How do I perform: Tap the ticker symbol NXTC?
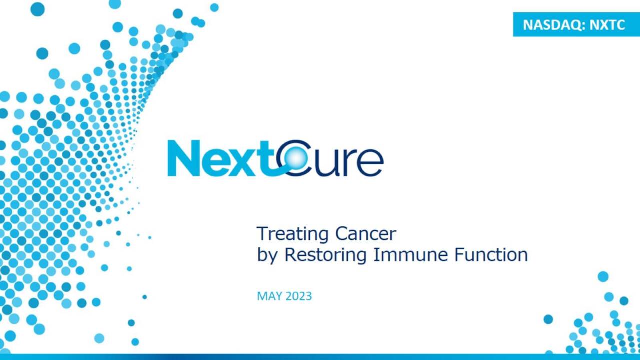point(607,25)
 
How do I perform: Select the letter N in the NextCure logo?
point(182,158)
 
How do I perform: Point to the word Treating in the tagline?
point(292,234)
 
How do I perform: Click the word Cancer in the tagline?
point(366,234)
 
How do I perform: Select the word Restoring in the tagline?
point(325,255)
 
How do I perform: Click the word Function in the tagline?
point(491,255)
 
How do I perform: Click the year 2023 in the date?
point(298,296)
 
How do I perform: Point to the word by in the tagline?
point(268,256)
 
